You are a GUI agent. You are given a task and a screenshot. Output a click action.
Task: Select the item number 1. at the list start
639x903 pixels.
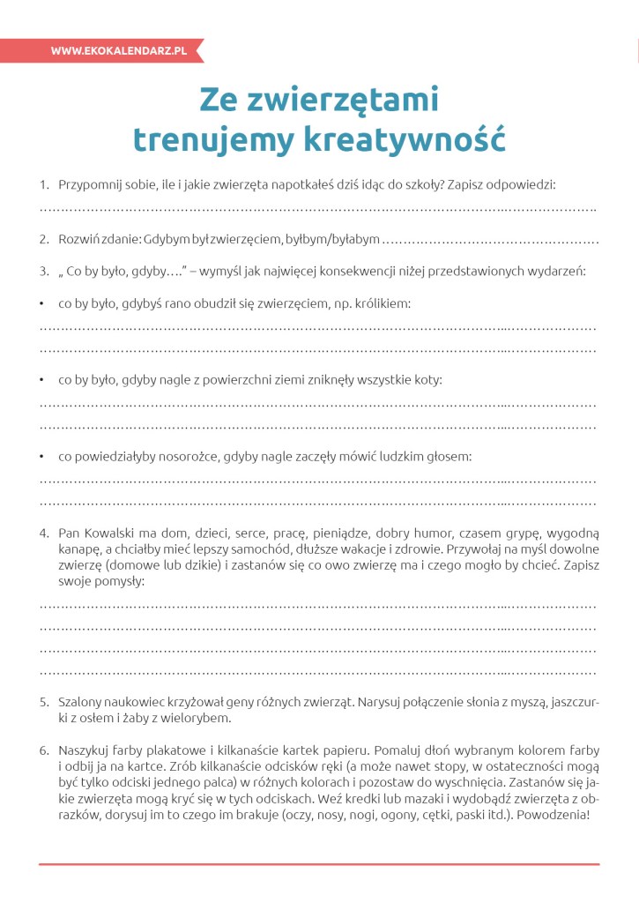tap(44, 184)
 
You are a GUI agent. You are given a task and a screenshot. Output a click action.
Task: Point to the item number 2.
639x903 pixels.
tap(44, 239)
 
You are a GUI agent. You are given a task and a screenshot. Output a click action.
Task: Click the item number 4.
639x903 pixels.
tap(44, 533)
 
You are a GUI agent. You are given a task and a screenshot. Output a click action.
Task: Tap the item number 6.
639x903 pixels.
tap(44, 750)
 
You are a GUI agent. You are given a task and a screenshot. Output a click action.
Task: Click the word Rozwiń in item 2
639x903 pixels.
tap(79, 239)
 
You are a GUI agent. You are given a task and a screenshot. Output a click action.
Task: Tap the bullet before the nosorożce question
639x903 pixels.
tap(42, 457)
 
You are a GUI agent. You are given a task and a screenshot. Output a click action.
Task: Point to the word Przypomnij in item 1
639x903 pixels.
tap(93, 184)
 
